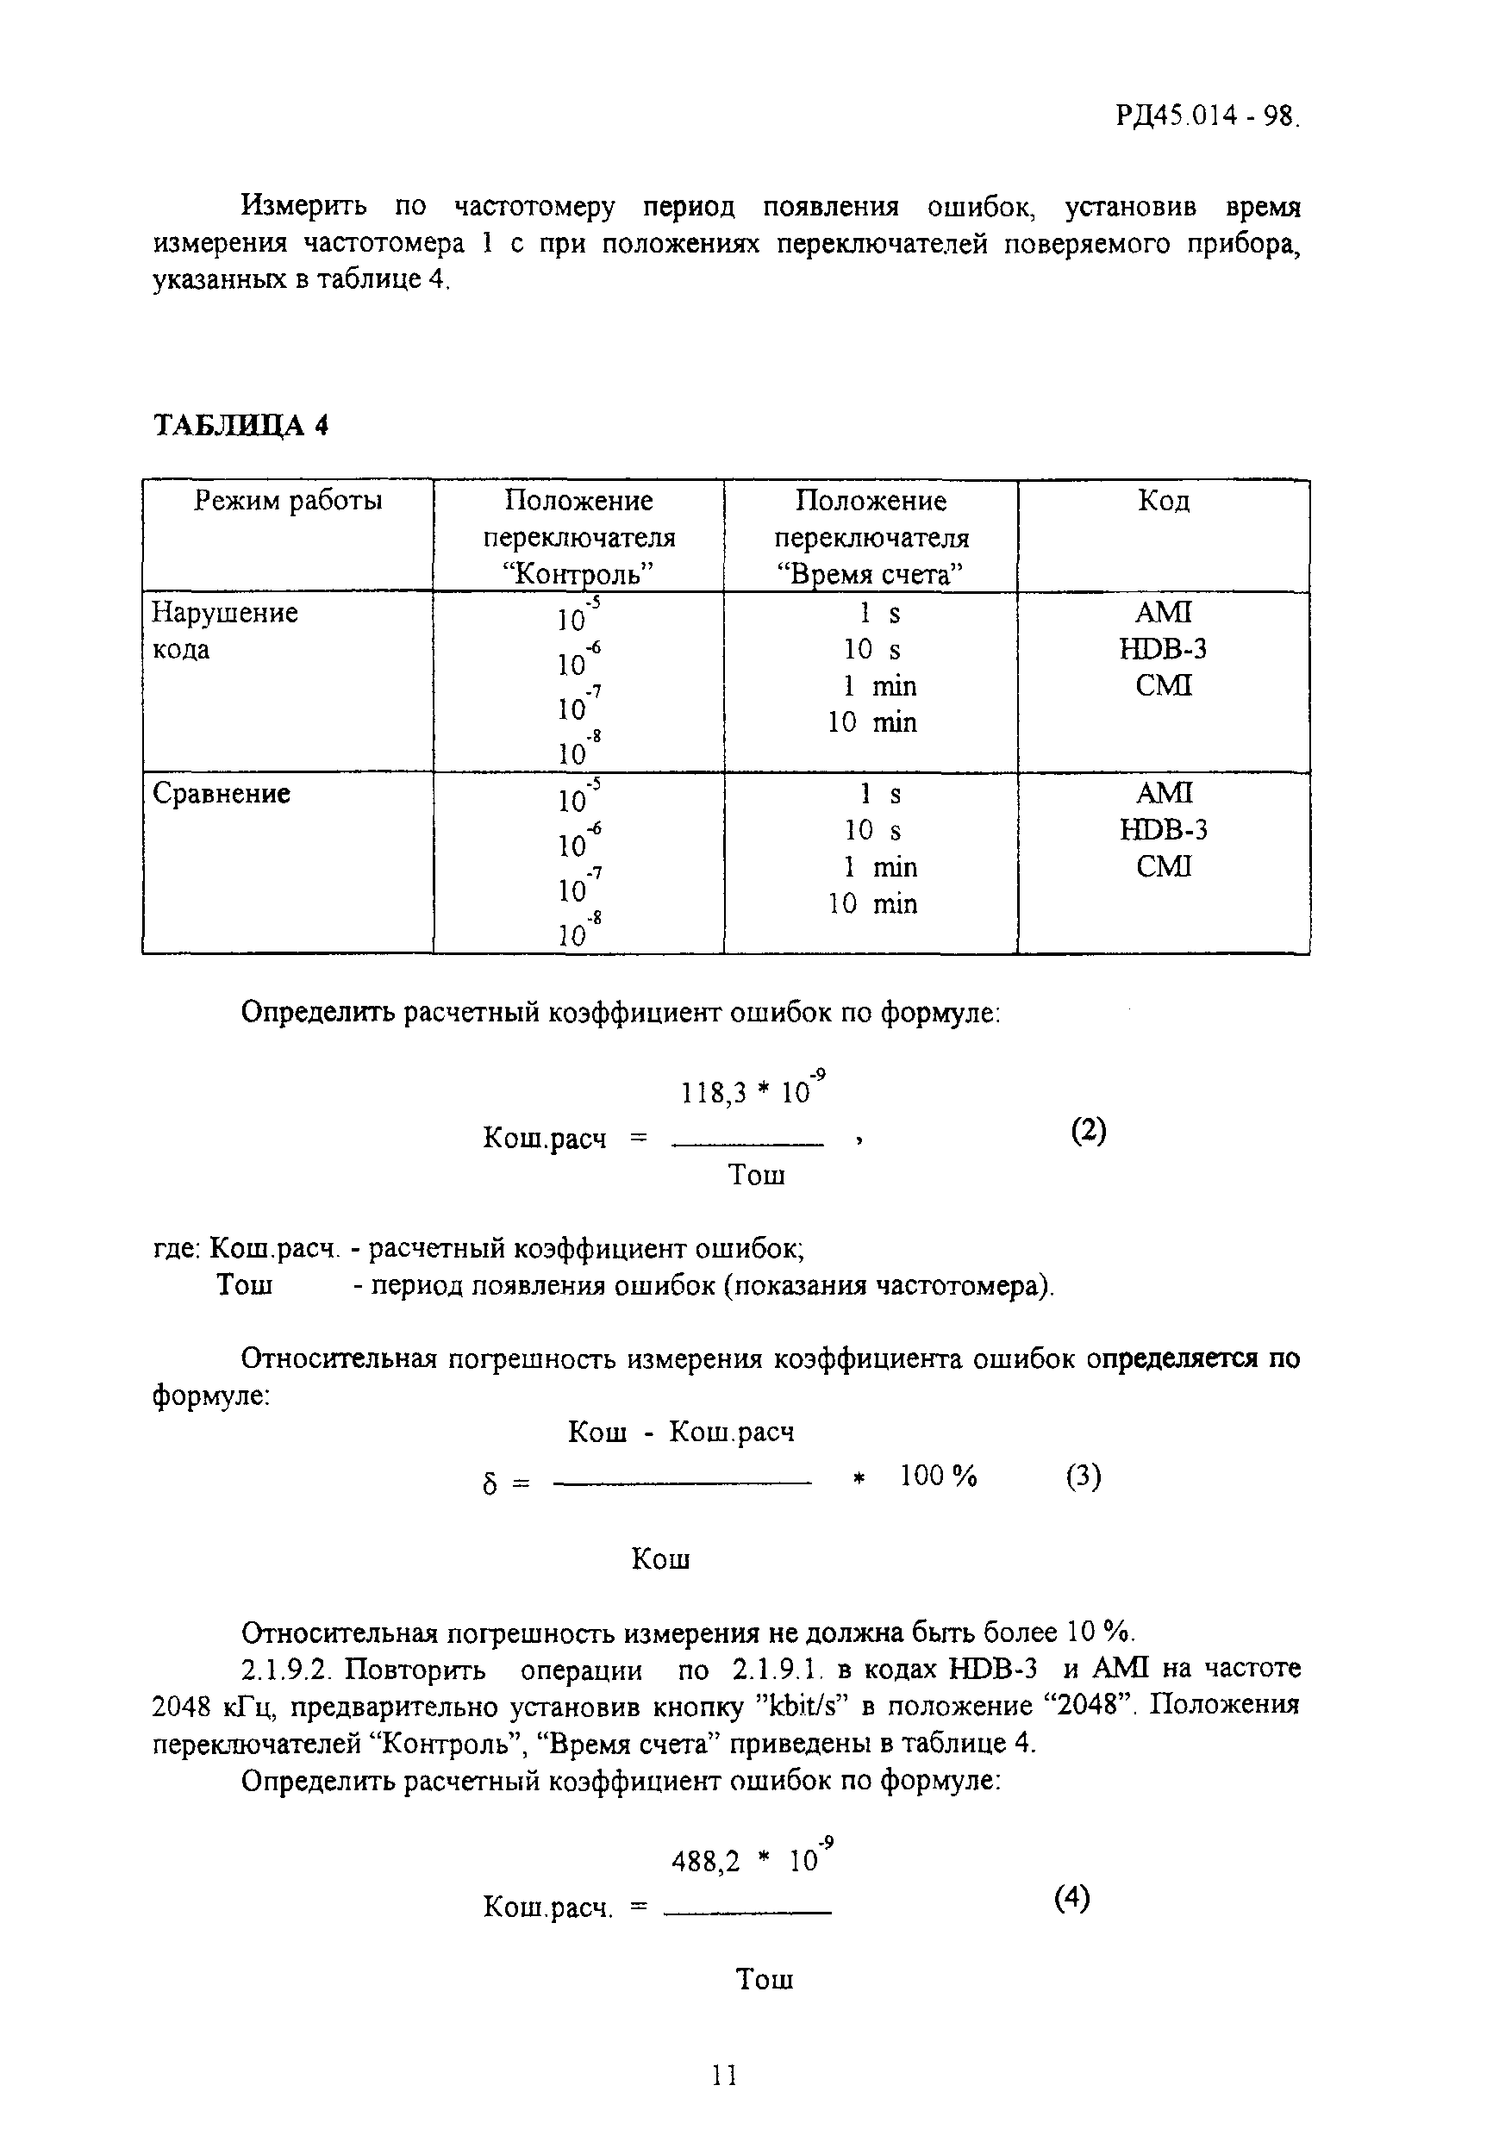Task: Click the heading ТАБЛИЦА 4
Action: [240, 426]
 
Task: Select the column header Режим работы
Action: [288, 501]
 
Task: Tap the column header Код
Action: [1163, 501]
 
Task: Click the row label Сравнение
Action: [222, 794]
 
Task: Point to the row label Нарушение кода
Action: [224, 630]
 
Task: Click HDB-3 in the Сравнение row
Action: [1163, 829]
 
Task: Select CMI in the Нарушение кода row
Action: [1163, 686]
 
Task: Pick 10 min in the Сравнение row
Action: [872, 903]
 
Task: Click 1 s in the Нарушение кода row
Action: [879, 614]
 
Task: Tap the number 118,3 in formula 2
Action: [710, 1093]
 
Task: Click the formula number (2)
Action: [1088, 1131]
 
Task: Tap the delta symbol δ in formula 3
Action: [488, 1485]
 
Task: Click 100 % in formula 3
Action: [938, 1477]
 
